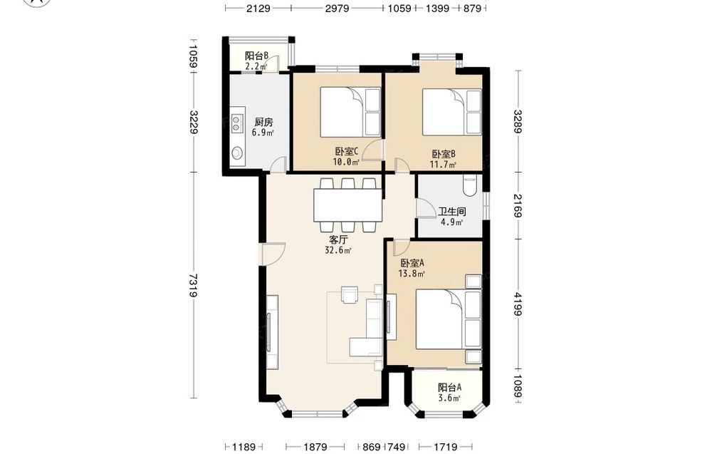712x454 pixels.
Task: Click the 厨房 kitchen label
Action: click(x=263, y=122)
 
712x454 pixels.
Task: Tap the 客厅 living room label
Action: click(x=337, y=239)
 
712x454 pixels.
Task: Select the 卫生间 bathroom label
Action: click(x=452, y=212)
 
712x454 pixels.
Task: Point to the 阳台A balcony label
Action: click(x=449, y=388)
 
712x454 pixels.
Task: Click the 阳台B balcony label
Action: click(x=256, y=56)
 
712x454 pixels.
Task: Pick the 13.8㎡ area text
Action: click(x=412, y=274)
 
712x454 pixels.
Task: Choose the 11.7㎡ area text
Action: click(x=443, y=165)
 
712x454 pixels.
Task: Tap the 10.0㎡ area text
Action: click(x=346, y=162)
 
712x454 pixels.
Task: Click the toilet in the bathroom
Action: click(x=469, y=186)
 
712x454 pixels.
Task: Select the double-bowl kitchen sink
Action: click(x=237, y=123)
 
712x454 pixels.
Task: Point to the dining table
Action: click(x=348, y=205)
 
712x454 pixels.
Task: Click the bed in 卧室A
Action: click(x=449, y=320)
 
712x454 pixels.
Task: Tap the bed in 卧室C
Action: click(x=350, y=112)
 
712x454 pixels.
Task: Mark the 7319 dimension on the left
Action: click(x=193, y=285)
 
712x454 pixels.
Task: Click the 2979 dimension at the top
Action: click(x=337, y=8)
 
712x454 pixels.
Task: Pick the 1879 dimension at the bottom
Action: click(x=315, y=447)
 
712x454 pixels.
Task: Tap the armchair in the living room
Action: click(x=350, y=294)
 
